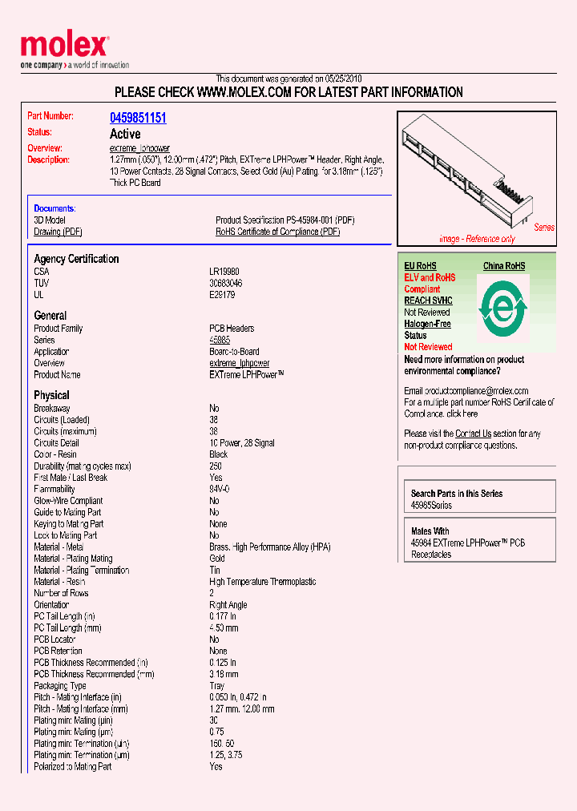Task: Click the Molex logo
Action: [64, 46]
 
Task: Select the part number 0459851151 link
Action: [138, 118]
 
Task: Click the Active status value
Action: [124, 134]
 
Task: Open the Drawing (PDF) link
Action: [58, 232]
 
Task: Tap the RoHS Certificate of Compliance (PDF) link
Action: [277, 232]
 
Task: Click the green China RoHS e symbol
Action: [503, 308]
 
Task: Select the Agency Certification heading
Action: [76, 259]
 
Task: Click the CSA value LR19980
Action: [225, 272]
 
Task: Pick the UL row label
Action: [38, 295]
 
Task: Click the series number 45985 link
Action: [220, 340]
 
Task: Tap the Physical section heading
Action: [51, 395]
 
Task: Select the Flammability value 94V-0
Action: [220, 489]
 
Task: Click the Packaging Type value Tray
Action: [217, 686]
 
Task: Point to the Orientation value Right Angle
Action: [228, 605]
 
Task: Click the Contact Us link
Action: [473, 434]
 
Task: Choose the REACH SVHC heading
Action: [428, 301]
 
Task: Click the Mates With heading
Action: [430, 531]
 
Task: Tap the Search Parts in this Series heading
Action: [457, 494]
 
